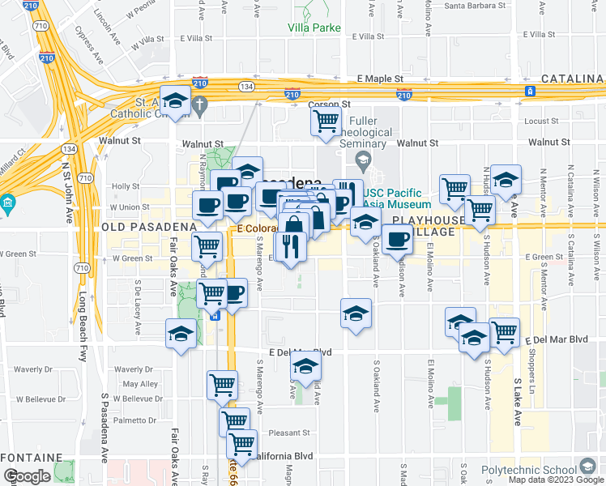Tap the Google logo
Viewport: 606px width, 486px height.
tap(27, 476)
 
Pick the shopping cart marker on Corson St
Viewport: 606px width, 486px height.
tap(326, 122)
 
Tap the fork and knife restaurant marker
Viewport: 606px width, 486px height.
tap(289, 245)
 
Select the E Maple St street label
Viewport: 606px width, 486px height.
tap(382, 79)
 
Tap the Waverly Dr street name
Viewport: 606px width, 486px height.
tap(32, 369)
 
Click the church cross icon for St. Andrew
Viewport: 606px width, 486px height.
tap(202, 103)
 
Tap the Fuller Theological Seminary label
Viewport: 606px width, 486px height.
tap(361, 132)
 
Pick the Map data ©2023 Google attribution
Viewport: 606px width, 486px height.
tap(556, 480)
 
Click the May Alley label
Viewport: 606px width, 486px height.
tap(140, 384)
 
